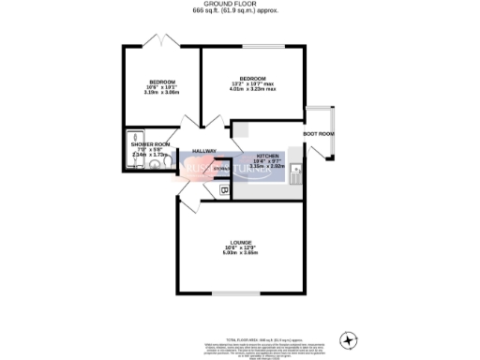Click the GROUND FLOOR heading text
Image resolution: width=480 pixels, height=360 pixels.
(239, 4)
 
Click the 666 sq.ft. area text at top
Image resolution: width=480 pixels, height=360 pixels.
(239, 10)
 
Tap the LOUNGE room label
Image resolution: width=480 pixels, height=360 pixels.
(239, 241)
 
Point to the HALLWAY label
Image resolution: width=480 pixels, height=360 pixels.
(203, 150)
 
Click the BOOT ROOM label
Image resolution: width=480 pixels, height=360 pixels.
(319, 133)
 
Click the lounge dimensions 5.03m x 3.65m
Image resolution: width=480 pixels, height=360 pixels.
(239, 253)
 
